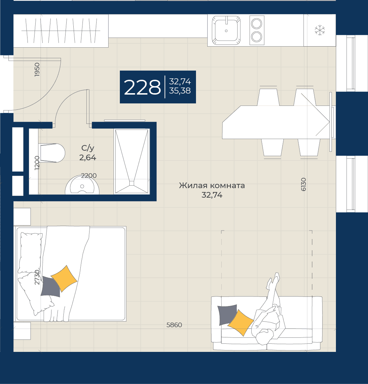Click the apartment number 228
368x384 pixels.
(142, 87)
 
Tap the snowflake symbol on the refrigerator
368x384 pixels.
(320, 30)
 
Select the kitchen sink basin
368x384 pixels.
(226, 30)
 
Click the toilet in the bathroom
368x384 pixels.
(51, 153)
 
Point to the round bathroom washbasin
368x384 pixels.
(82, 186)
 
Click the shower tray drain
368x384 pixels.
(132, 183)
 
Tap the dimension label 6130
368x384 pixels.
(303, 184)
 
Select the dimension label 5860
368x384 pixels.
(174, 325)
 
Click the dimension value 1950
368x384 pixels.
(37, 70)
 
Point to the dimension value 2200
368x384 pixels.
(89, 176)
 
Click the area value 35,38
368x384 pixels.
(180, 91)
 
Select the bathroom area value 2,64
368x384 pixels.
(87, 157)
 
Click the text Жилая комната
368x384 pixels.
(212, 185)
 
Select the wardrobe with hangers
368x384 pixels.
(61, 31)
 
